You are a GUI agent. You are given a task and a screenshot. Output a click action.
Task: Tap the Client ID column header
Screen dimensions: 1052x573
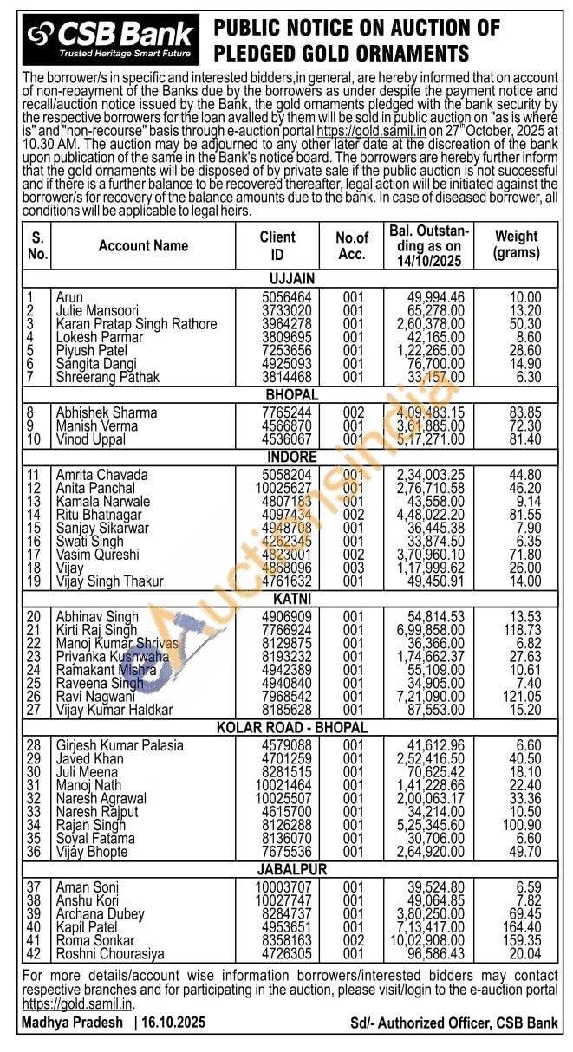click(277, 245)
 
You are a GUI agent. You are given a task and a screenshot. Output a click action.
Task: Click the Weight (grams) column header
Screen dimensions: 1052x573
click(516, 244)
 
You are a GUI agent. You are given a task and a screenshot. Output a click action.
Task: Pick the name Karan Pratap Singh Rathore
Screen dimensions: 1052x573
click(136, 324)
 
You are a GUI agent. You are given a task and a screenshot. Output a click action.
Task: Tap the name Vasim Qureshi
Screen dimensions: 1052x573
click(97, 555)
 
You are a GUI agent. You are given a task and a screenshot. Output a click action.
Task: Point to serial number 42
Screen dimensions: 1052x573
click(36, 953)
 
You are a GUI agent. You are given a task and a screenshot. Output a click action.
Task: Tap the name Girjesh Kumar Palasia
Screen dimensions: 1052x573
click(120, 745)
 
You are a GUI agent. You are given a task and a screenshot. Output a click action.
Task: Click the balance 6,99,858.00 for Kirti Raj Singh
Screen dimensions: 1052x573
click(431, 630)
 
